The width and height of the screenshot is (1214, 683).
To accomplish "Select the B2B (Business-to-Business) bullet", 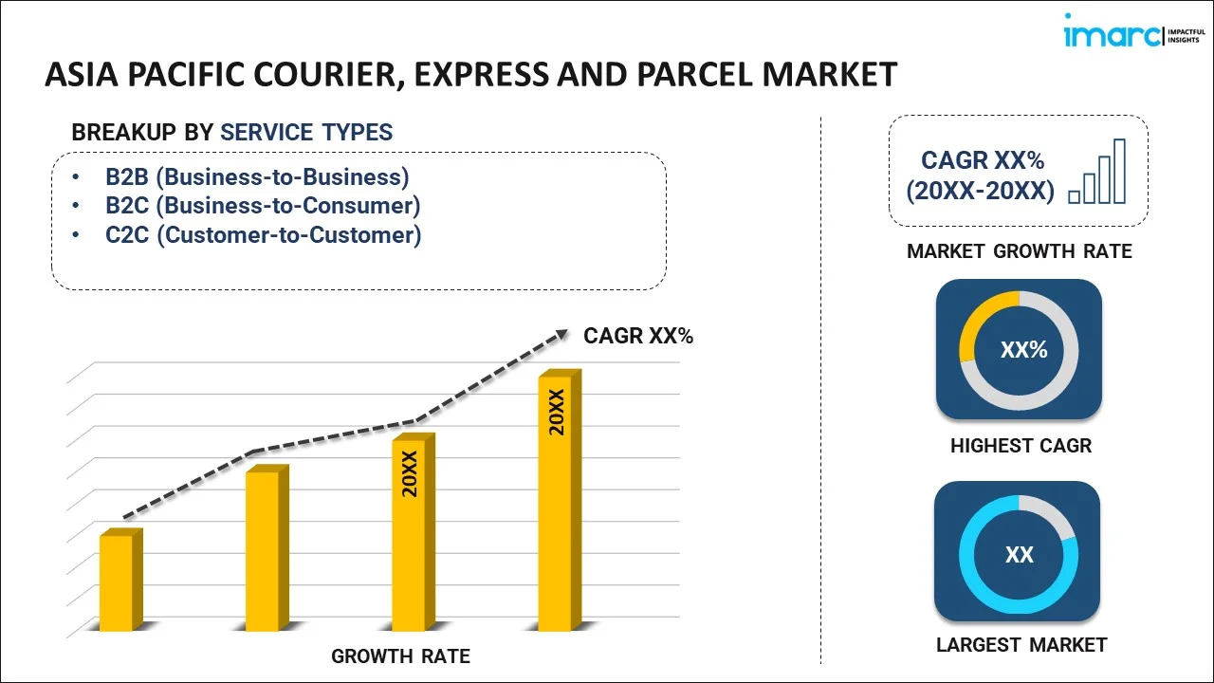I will pos(257,177).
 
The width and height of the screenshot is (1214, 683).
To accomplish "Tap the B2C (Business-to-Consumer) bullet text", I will pos(263,206).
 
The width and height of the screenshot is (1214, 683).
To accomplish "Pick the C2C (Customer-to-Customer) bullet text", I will pos(263,234).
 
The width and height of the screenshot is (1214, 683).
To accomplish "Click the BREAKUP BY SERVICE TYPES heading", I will pos(231,133).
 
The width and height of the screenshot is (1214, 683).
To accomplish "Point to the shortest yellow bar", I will pos(117,582).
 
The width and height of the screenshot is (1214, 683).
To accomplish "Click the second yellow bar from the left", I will pos(263,550).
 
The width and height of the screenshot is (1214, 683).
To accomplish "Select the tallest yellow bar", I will pos(556,503).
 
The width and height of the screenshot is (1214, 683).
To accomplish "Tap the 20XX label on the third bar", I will pos(410,474).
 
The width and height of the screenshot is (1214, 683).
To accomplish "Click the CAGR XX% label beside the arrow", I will pos(638,335).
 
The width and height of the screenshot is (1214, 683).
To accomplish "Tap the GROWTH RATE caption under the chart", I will pos(400,656).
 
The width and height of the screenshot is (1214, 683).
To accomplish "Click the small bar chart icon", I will pos(1097,172).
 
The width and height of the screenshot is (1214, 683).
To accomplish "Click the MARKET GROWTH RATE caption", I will pos(1019,251).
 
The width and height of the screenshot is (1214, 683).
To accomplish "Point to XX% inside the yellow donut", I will pos(1023,350).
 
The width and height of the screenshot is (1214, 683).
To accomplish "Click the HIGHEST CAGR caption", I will pos(1021,445).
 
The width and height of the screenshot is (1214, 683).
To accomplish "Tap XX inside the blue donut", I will pos(1019,555).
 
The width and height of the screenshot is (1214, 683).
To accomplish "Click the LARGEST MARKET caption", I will pos(1021,645).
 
